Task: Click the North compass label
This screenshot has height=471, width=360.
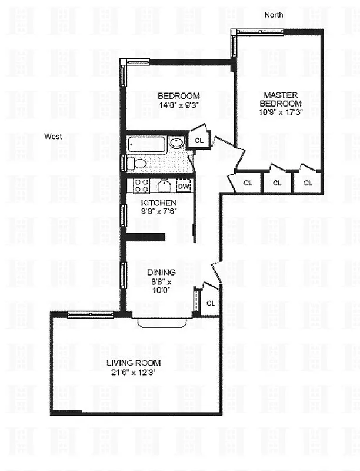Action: [274, 14]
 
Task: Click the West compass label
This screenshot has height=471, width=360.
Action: [53, 137]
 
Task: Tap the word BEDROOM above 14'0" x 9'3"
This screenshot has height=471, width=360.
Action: [179, 96]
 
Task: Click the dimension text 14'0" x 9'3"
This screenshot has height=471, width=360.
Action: [179, 106]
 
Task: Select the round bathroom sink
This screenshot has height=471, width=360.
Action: [176, 142]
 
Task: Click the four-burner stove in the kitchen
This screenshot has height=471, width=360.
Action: [141, 186]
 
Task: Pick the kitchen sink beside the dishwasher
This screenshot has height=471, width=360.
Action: [164, 187]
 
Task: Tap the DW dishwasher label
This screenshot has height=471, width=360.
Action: [184, 187]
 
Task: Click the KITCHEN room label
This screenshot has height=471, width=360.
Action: [156, 202]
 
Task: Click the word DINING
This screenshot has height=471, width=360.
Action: [161, 272]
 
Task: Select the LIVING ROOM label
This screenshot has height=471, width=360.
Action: [134, 363]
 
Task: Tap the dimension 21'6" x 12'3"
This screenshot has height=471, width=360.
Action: [134, 372]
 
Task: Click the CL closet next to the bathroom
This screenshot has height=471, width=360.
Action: [199, 140]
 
